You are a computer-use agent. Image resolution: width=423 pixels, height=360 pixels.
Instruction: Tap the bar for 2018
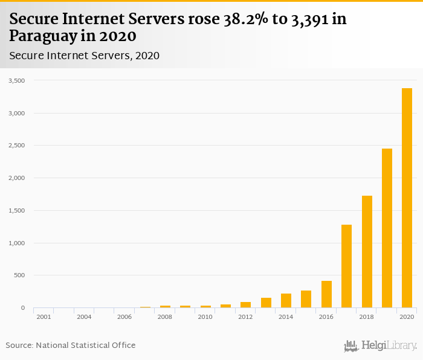point(367,252)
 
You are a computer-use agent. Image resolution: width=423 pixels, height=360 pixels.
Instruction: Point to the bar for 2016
point(326,294)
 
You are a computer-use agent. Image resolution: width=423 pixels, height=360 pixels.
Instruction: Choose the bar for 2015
point(306,299)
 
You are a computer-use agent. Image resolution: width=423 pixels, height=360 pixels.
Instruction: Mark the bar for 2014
point(286,301)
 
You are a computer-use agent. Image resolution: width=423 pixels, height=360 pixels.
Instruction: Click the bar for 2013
point(266,303)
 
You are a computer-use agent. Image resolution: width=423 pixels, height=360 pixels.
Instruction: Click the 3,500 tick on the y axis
point(16,80)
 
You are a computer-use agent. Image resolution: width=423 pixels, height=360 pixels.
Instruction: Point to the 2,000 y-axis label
point(16,178)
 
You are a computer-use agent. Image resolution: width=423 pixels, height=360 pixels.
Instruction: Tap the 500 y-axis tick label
point(19,275)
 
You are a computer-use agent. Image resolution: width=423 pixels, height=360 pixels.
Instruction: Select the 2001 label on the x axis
point(44,317)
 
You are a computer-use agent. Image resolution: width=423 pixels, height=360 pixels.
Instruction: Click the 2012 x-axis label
point(245,317)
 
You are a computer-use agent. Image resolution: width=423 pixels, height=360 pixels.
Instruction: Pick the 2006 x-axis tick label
point(124,317)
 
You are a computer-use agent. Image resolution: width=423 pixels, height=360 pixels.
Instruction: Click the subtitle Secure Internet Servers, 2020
point(84,56)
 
